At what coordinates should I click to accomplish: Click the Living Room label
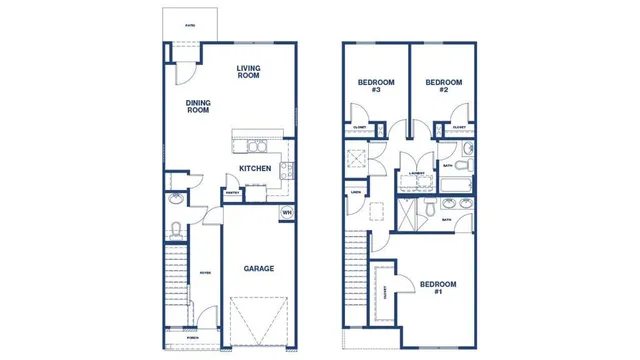(x=248, y=72)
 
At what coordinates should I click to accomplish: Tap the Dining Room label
(x=197, y=106)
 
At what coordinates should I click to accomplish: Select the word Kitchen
(x=255, y=169)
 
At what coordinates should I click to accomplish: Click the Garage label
(x=259, y=268)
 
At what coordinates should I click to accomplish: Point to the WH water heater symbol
(x=286, y=212)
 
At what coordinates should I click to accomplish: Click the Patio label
(x=190, y=25)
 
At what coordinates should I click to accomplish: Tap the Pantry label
(x=231, y=193)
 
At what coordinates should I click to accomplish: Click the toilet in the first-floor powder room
(x=175, y=231)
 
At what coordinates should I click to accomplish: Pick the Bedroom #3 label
(x=376, y=86)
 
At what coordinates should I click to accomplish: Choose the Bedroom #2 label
(x=443, y=86)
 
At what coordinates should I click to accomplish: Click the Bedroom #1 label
(x=438, y=288)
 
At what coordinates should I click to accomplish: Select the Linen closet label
(x=355, y=192)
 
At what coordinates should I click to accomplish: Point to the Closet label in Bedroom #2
(x=458, y=128)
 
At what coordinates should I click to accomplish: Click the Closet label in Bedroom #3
(x=360, y=128)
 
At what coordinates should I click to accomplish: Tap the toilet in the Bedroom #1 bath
(x=426, y=210)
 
